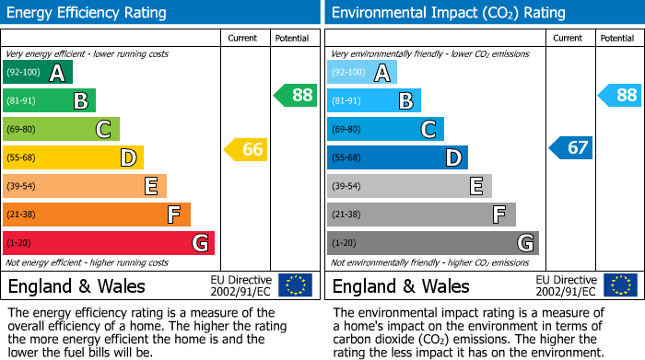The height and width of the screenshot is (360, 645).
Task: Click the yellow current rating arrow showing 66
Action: point(246,149)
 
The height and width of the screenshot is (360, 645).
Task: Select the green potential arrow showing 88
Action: point(295,95)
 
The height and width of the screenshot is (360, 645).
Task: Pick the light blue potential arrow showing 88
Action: point(620,95)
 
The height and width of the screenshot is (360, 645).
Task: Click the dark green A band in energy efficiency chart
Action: point(38,73)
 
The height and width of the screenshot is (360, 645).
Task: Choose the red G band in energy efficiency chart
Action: point(109,243)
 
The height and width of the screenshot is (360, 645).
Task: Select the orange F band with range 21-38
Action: point(97,215)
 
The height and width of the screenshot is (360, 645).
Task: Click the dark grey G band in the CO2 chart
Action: point(433,243)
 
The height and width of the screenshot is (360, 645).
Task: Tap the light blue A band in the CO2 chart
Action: point(362,73)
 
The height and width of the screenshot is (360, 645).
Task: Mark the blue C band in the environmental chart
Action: point(385,129)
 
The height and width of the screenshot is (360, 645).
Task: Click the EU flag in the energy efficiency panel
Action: point(295,285)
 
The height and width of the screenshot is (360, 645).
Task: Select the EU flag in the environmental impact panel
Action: point(621,285)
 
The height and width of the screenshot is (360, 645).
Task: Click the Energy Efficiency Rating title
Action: point(88,13)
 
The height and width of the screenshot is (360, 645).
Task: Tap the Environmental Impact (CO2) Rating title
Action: point(448,13)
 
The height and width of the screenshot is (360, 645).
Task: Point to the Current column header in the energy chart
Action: point(243,38)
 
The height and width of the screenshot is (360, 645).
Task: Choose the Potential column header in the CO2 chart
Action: point(617,38)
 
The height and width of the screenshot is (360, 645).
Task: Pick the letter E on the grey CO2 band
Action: point(475,186)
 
